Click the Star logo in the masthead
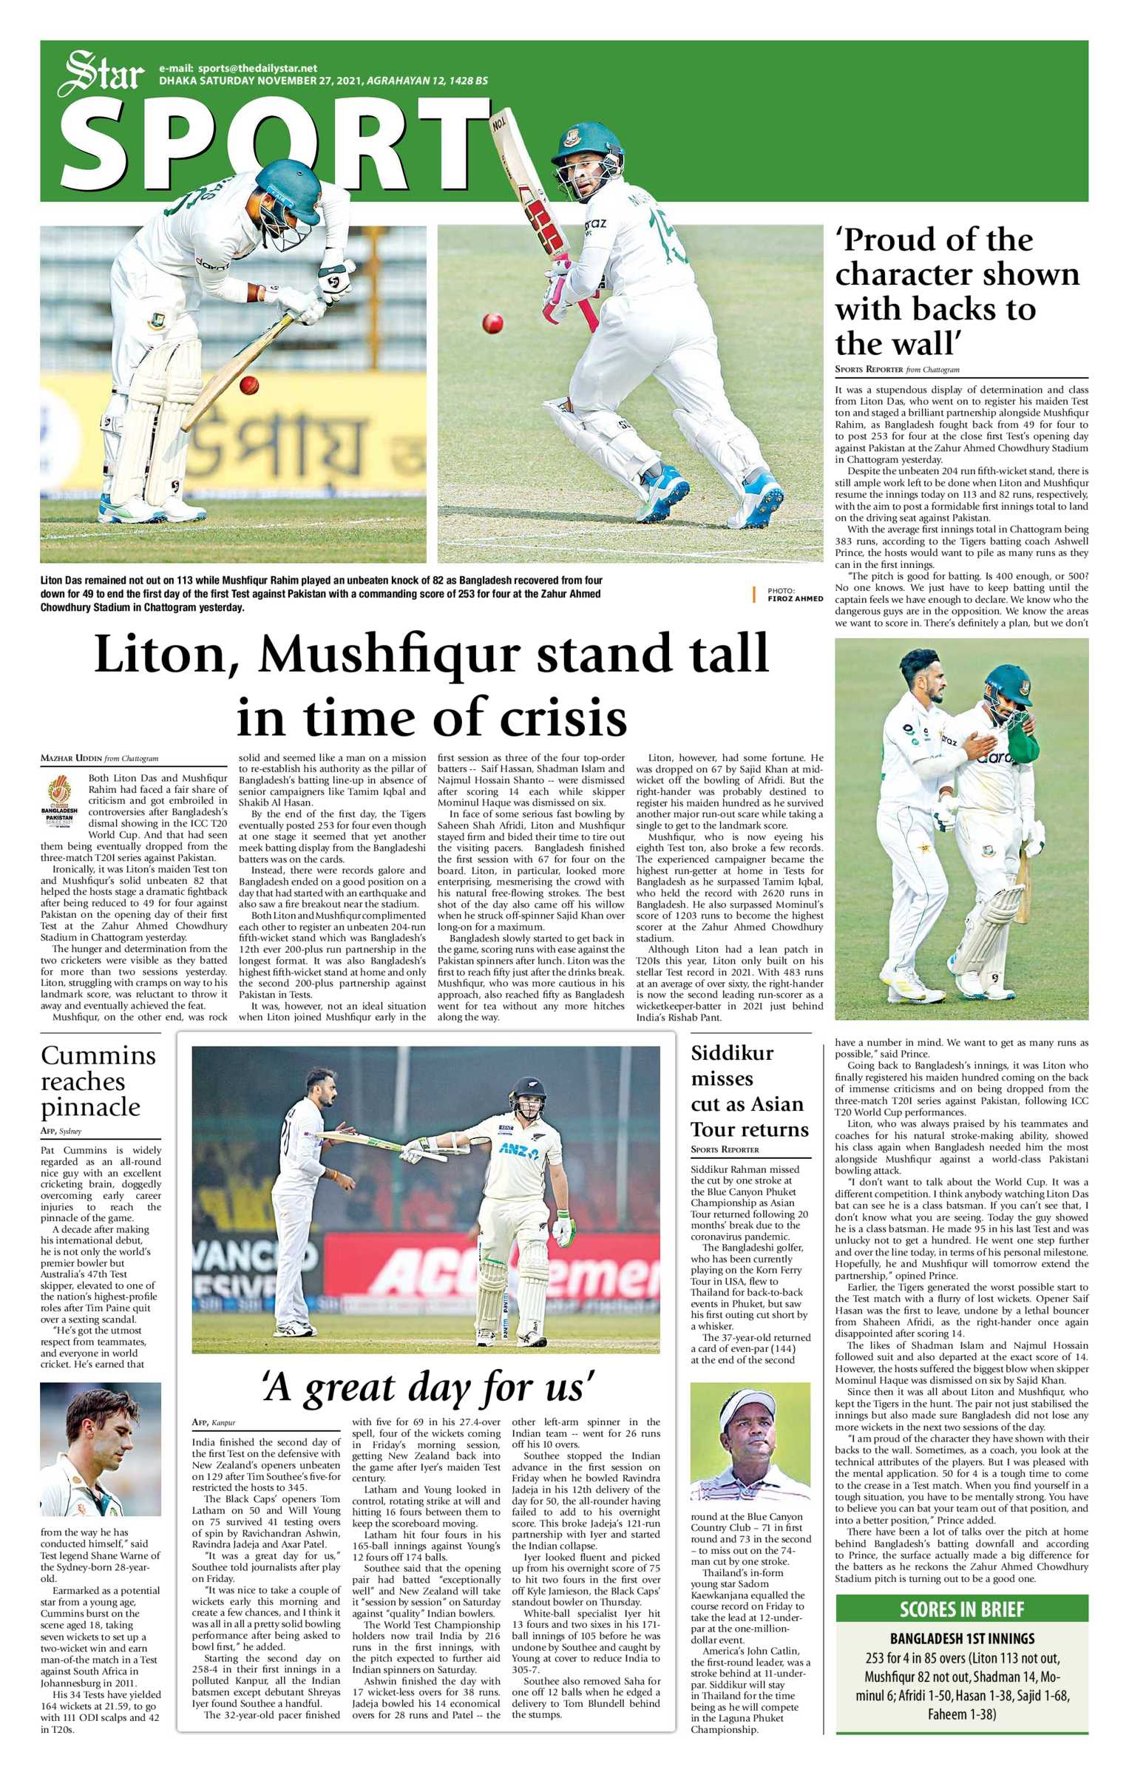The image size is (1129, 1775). pyautogui.click(x=101, y=74)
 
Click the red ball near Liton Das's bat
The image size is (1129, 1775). pyautogui.click(x=249, y=385)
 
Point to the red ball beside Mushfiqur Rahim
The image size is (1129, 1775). pyautogui.click(x=492, y=322)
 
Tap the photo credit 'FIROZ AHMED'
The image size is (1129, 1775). pyautogui.click(x=795, y=599)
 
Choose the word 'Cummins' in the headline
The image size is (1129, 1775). pyautogui.click(x=98, y=1055)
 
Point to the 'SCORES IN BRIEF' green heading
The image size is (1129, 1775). pyautogui.click(x=961, y=1609)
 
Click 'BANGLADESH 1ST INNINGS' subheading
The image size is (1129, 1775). pyautogui.click(x=961, y=1639)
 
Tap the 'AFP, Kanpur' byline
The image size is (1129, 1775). pyautogui.click(x=214, y=1422)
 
